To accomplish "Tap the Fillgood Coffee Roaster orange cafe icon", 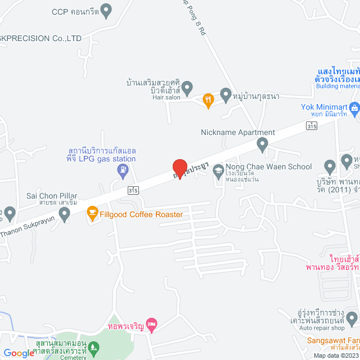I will [x=92, y=214].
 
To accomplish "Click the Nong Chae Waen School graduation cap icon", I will [x=218, y=168].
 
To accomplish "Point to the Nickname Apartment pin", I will [x=262, y=145].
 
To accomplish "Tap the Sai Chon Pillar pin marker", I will [x=64, y=213].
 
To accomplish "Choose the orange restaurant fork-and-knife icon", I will [x=208, y=100].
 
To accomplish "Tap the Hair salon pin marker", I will [x=188, y=88].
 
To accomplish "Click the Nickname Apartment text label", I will [x=238, y=133].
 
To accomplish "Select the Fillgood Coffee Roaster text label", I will [x=141, y=214].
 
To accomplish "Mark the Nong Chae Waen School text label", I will [x=268, y=166].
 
